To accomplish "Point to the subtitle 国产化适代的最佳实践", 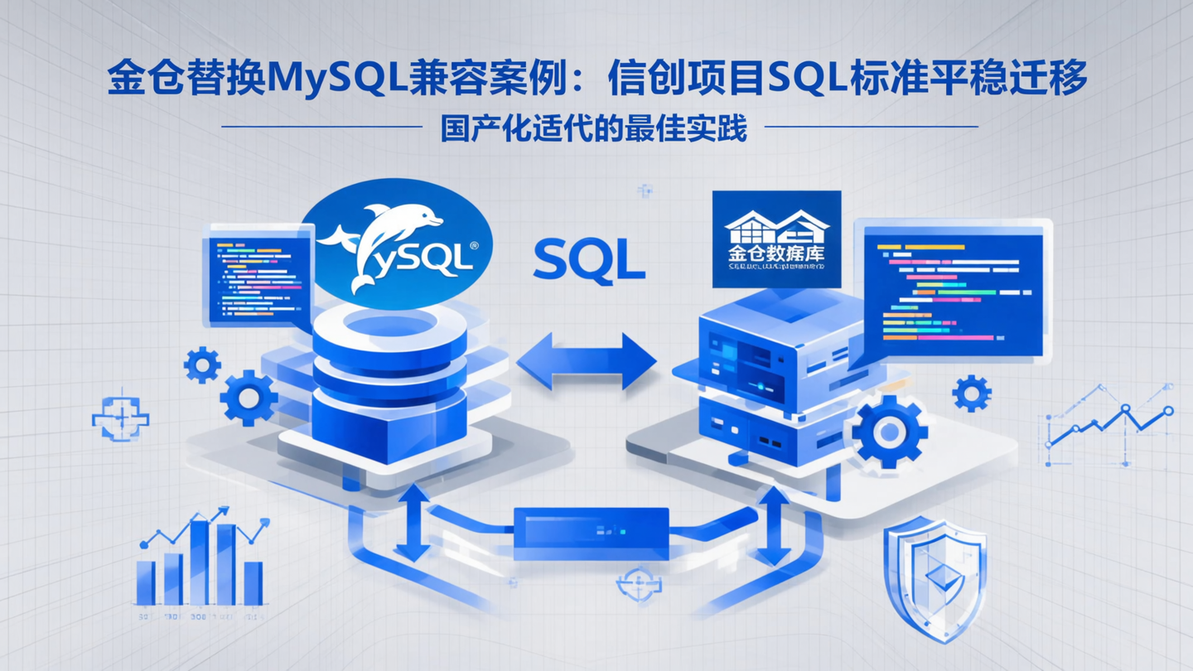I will (593, 128).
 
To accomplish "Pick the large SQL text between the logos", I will (589, 260).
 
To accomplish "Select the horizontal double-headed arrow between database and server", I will (587, 362).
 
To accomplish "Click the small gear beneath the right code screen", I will (972, 393).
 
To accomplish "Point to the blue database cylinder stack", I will (389, 381).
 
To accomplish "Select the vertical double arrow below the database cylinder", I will (413, 522).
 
